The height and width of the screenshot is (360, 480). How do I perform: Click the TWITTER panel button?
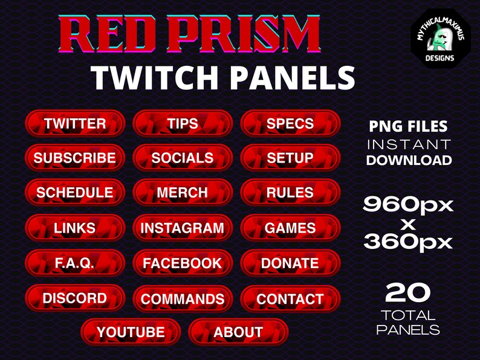[75, 124]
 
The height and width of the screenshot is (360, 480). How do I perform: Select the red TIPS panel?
[183, 124]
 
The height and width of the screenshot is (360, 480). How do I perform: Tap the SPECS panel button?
[290, 124]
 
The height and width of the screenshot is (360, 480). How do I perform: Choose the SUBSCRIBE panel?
[75, 158]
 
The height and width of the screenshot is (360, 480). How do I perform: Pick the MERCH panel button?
[183, 193]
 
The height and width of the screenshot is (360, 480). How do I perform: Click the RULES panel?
[290, 193]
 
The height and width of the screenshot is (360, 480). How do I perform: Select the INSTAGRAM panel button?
[183, 228]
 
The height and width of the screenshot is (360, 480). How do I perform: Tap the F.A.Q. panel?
[75, 263]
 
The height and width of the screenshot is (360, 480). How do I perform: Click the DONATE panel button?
[290, 263]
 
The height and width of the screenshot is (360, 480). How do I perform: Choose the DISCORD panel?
[75, 298]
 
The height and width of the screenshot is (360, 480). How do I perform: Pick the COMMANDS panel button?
[183, 299]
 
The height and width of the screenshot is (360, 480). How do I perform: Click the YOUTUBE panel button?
[131, 332]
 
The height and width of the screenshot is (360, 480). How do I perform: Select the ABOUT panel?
[238, 332]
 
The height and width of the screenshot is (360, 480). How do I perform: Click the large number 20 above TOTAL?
[408, 294]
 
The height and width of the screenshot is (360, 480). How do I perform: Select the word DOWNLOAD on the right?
[409, 160]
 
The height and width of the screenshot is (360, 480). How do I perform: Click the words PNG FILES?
[409, 127]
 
